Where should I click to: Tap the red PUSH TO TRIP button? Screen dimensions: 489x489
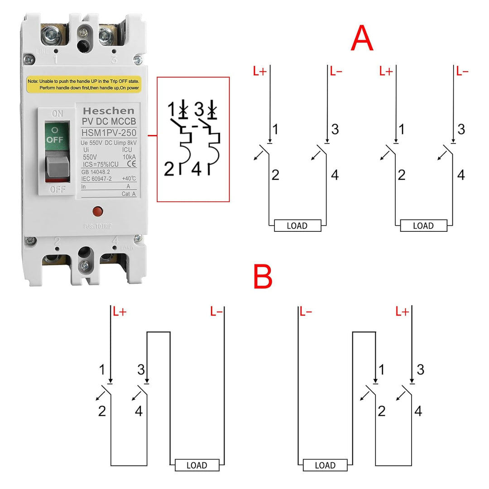(x=96, y=211)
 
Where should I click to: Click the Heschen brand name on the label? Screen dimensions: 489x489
(x=108, y=110)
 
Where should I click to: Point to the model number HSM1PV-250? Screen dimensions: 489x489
(x=109, y=132)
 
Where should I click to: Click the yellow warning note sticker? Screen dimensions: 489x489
(x=84, y=84)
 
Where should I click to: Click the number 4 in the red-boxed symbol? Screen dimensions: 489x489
(x=197, y=169)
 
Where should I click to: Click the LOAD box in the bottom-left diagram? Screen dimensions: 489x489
(x=197, y=465)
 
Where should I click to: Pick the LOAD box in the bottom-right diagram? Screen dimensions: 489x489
(x=325, y=465)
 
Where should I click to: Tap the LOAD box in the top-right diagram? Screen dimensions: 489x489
(x=423, y=225)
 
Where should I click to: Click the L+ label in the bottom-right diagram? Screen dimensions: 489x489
(x=402, y=312)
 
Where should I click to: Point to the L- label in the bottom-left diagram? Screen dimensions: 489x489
(x=216, y=312)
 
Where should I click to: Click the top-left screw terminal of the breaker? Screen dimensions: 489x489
(x=49, y=34)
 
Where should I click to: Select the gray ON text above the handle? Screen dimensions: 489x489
(x=58, y=114)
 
